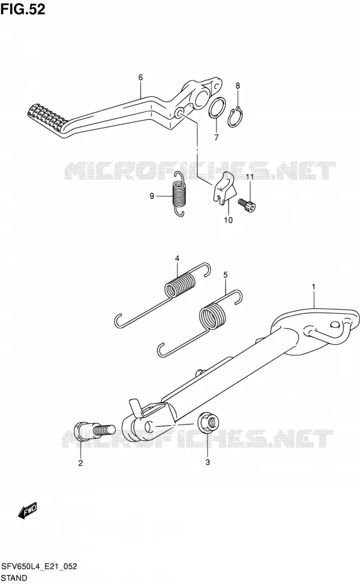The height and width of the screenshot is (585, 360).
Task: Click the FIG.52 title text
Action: pyautogui.click(x=23, y=9)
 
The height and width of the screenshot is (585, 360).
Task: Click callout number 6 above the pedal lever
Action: pyautogui.click(x=140, y=77)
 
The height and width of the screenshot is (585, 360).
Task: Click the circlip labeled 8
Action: pyautogui.click(x=235, y=117)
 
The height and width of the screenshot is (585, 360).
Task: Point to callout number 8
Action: pyautogui.click(x=238, y=86)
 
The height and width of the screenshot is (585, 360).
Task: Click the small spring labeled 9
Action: pyautogui.click(x=179, y=194)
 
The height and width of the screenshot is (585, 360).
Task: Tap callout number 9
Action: pyautogui.click(x=152, y=196)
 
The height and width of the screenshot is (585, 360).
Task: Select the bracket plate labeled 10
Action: pyautogui.click(x=225, y=189)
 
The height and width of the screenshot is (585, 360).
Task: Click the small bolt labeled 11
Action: pyautogui.click(x=247, y=204)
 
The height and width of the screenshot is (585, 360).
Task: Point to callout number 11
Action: pyautogui.click(x=249, y=177)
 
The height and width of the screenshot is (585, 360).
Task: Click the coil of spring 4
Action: pyautogui.click(x=180, y=285)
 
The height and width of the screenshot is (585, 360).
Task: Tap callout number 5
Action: pyautogui.click(x=225, y=275)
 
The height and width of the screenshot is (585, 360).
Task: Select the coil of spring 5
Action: pyautogui.click(x=213, y=316)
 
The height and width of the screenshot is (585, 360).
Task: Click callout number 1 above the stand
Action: pyautogui.click(x=313, y=287)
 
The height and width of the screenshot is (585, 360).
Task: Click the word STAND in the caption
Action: pyautogui.click(x=14, y=578)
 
